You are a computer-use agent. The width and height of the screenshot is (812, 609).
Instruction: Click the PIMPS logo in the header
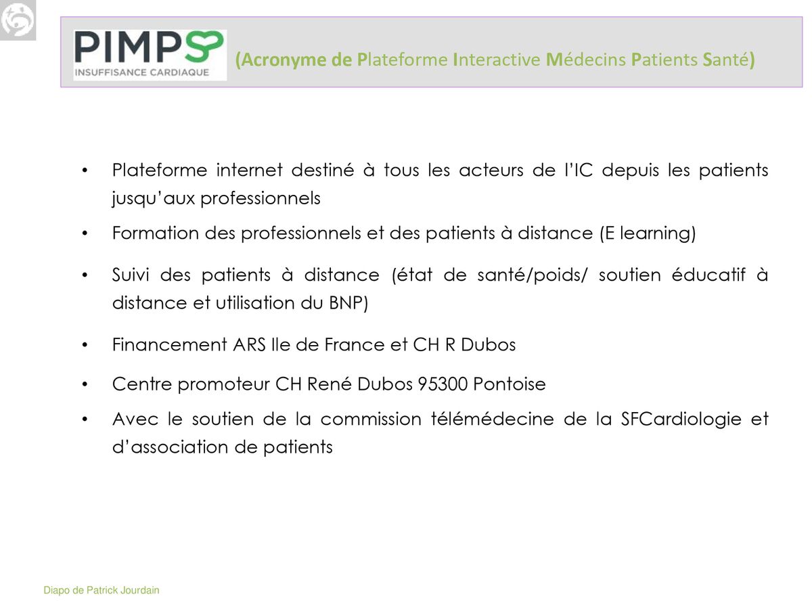pos(150,55)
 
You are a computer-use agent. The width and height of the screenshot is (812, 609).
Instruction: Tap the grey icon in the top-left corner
pos(18,20)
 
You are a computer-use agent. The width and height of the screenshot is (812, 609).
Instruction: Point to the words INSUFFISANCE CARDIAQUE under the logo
pos(142,72)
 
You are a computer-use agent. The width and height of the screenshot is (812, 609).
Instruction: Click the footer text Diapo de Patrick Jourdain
pos(101,591)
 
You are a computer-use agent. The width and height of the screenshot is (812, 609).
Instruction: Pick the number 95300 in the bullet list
pos(443,384)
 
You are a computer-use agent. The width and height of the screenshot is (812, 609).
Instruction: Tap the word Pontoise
pos(510,384)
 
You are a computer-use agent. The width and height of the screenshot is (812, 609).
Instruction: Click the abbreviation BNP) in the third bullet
pos(348,303)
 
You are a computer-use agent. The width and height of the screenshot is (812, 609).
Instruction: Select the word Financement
pos(170,345)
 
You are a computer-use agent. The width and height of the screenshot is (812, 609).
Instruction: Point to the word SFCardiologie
pos(681,420)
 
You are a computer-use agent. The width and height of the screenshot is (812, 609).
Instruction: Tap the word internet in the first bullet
pos(249,171)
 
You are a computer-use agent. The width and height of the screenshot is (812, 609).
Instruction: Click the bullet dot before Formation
pos(85,233)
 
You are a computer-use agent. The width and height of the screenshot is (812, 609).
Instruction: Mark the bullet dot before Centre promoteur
pos(85,384)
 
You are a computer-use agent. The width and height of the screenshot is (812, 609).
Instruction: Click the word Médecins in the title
pos(586,60)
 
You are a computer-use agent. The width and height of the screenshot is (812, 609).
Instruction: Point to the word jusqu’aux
pos(154,199)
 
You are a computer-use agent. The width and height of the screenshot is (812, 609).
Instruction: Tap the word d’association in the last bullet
pos(170,447)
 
